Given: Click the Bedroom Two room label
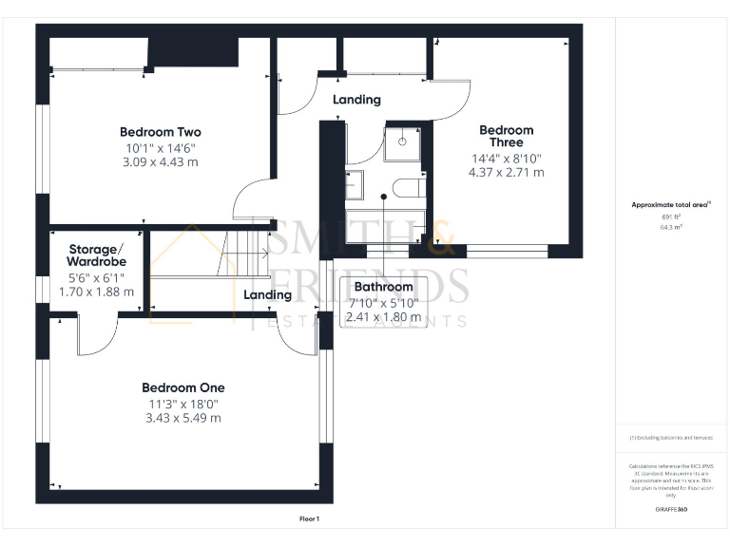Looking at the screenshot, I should (x=160, y=132).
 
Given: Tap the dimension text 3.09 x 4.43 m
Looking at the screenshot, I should (x=160, y=163).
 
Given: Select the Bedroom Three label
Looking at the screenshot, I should (x=506, y=136).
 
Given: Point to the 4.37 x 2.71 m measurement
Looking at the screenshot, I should (x=506, y=173).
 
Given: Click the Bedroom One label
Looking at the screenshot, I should (x=183, y=387).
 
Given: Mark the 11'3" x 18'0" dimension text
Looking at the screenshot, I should (x=183, y=404).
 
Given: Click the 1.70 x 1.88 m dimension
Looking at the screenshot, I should (x=96, y=292).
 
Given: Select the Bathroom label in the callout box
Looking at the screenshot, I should (x=383, y=287).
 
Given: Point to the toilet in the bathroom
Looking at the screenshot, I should (x=409, y=186).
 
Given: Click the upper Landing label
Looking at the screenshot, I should (x=356, y=100).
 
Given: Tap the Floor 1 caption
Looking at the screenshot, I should (x=309, y=519).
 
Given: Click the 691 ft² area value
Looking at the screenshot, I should (x=671, y=217).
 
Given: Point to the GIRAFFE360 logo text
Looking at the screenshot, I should (x=671, y=511).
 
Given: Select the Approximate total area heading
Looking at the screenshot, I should (x=671, y=204).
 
